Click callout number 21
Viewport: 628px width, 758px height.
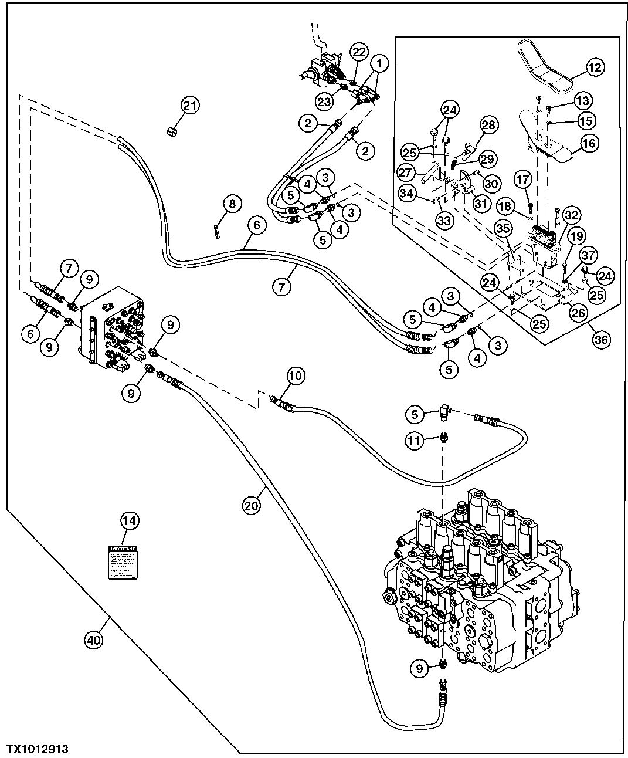coord(189,106)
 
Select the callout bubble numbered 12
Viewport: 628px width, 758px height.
coord(594,68)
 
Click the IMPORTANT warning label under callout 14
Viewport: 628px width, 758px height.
coord(123,562)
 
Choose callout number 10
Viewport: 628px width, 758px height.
coord(296,377)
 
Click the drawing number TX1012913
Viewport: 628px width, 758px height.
coord(38,745)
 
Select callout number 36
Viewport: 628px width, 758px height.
coord(601,339)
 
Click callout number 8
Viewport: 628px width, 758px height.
coord(232,204)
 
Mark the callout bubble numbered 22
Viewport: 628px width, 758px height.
coord(358,52)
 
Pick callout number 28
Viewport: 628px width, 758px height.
coord(488,124)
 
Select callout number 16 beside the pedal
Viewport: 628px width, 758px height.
coord(588,142)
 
